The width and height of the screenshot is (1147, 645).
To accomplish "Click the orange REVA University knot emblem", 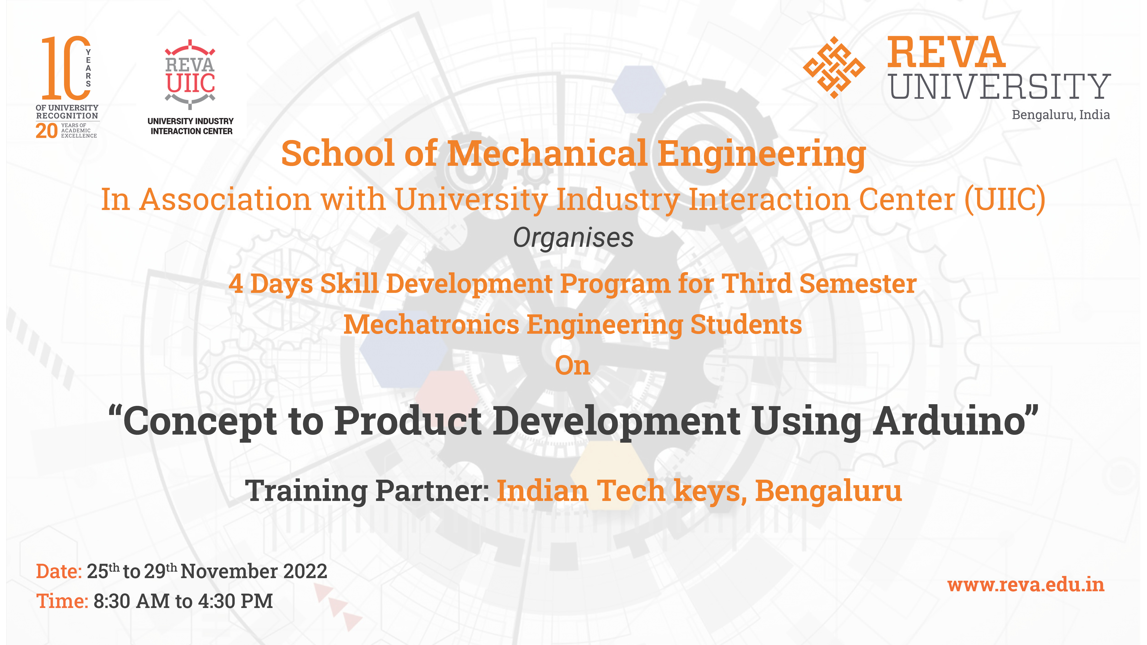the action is [x=834, y=67].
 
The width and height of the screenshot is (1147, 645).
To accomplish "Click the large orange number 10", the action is [x=66, y=68].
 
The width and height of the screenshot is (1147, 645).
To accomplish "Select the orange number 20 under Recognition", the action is [x=46, y=131].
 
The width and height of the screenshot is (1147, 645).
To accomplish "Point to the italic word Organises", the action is [x=573, y=238].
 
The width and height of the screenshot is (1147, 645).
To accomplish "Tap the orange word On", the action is [x=573, y=366].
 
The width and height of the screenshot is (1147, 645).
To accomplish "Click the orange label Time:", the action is [x=62, y=601].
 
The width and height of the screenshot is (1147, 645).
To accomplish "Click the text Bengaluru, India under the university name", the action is [x=1061, y=115].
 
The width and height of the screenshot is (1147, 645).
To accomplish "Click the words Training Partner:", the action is [x=367, y=490].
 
